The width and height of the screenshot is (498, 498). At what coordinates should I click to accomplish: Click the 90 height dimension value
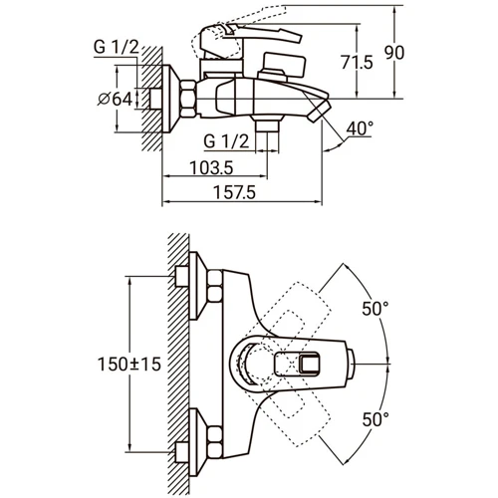394,53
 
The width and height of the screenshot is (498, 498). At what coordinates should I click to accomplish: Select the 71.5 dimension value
357,62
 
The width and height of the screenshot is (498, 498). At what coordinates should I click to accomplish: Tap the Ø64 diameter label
115,99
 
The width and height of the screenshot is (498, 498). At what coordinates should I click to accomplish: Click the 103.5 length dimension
211,167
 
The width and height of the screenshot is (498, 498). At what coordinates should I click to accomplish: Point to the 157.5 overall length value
234,192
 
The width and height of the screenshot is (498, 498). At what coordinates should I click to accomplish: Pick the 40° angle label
360,128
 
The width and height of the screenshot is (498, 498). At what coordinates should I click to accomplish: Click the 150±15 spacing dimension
129,364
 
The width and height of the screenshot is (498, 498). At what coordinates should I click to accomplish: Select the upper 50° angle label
375,309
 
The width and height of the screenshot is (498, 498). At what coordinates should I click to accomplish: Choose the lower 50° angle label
375,419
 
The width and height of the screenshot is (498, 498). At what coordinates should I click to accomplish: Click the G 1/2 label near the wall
117,47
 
